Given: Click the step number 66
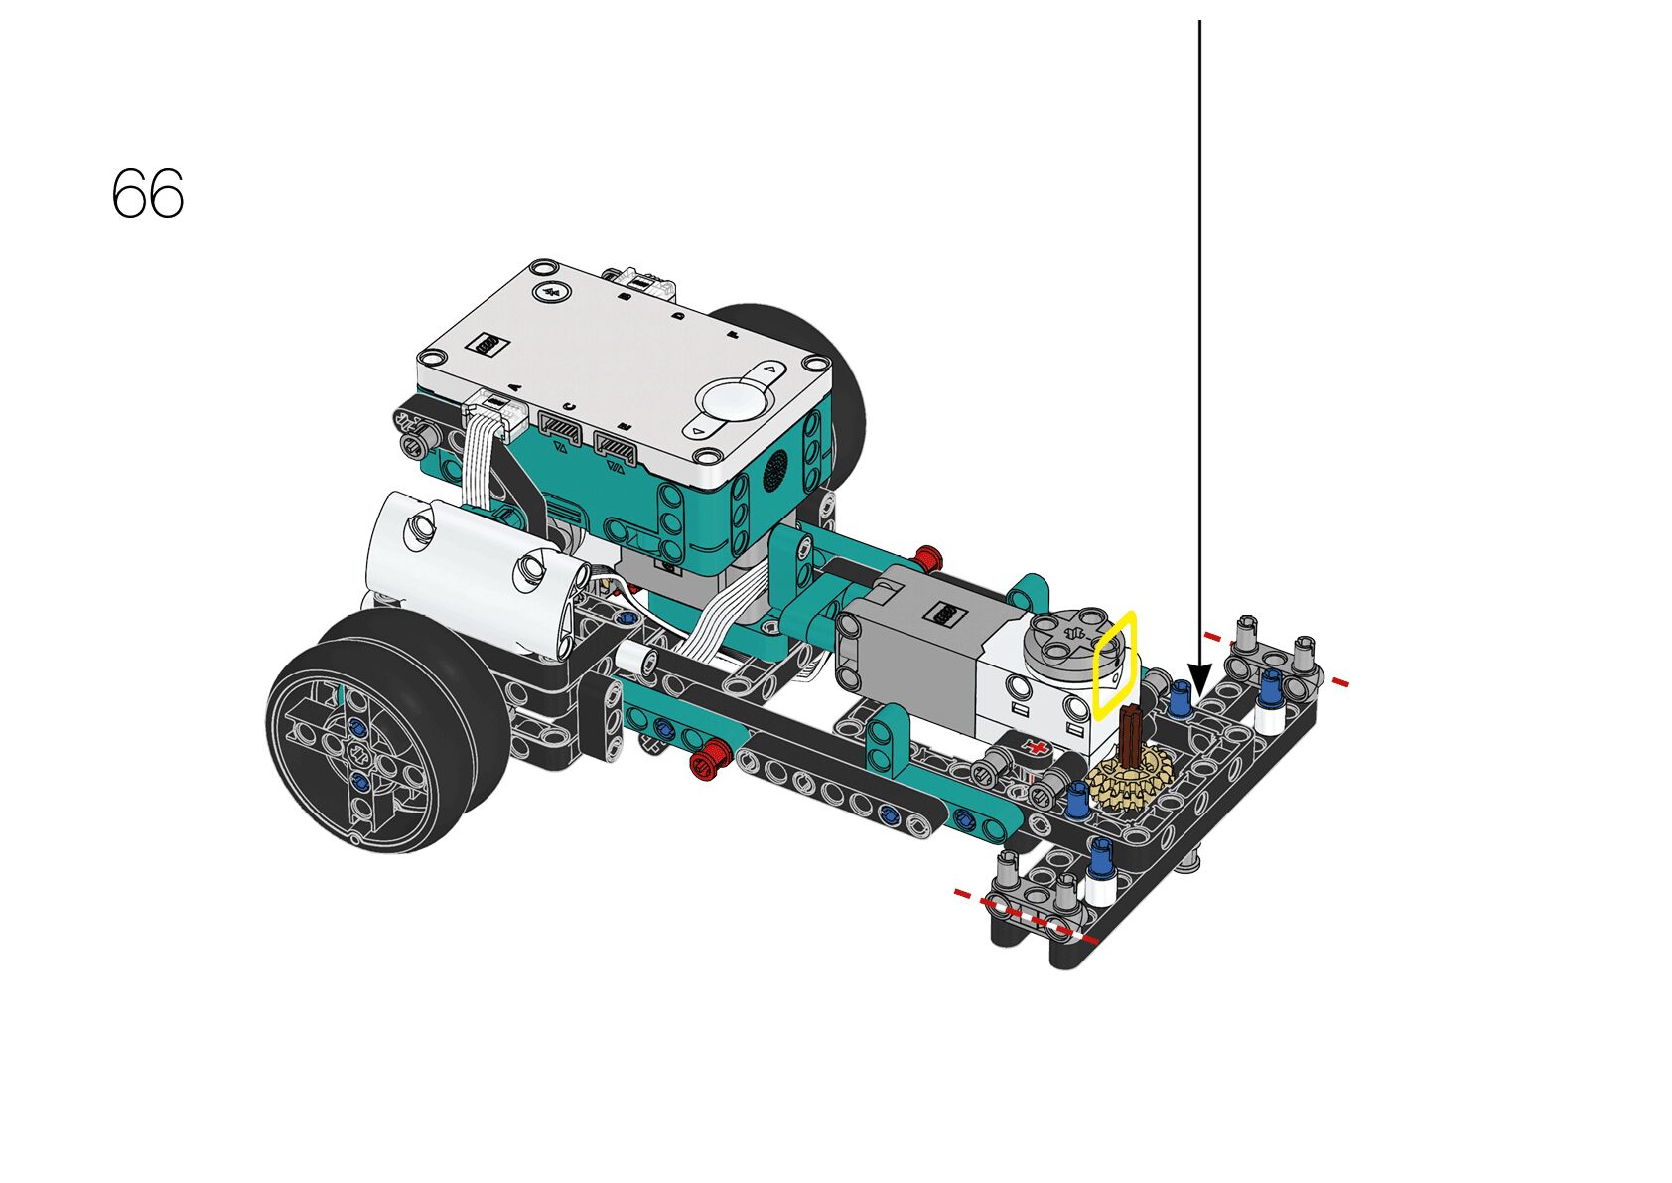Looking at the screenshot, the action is [x=148, y=193].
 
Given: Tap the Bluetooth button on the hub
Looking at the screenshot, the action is [x=553, y=291].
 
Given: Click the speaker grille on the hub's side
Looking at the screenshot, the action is [x=777, y=469].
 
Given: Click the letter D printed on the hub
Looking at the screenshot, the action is [x=679, y=315].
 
